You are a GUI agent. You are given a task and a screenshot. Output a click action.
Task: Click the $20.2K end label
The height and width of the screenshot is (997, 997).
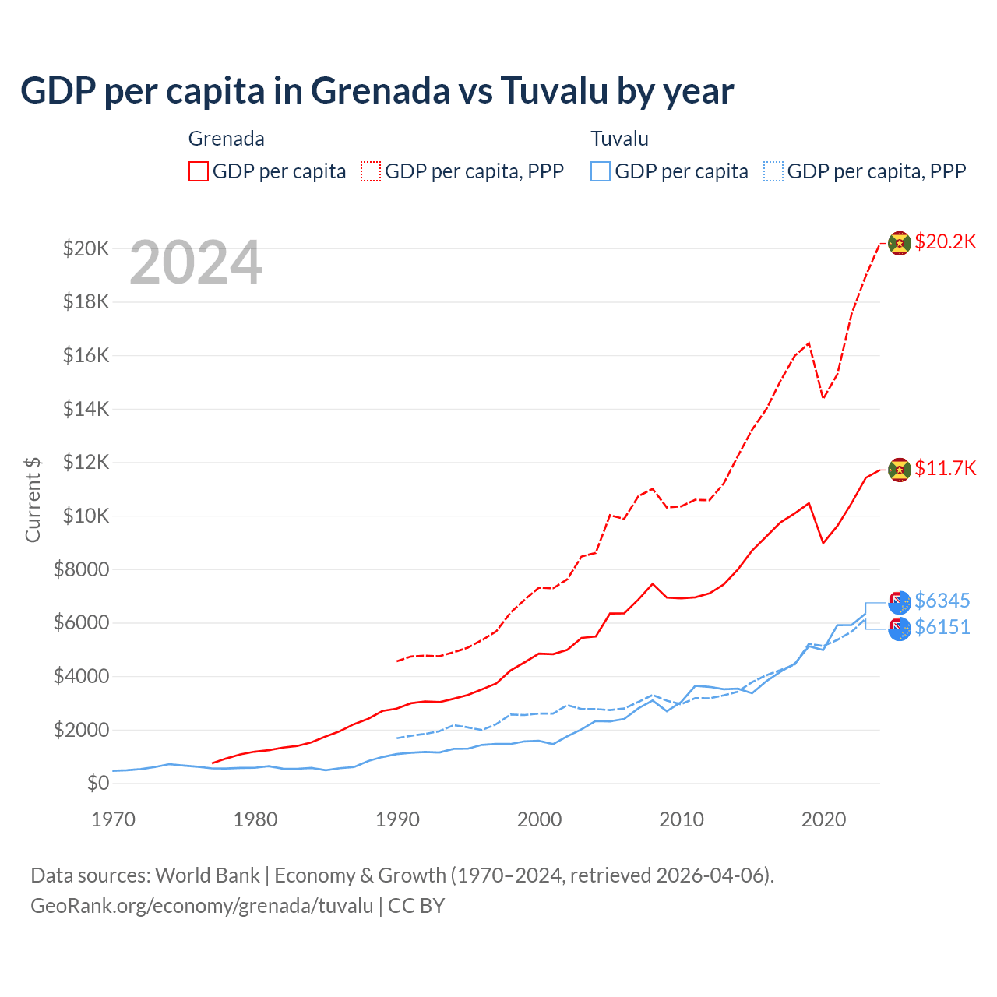coord(945,241)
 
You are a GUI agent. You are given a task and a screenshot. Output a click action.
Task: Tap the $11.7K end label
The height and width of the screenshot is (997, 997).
coord(945,468)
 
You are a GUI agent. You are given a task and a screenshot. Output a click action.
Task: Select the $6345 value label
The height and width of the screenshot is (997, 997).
coord(942,601)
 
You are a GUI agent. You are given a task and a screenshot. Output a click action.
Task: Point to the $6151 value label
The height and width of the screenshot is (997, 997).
coord(942,627)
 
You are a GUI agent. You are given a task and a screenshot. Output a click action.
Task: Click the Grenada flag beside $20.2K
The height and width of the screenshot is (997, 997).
coord(900,244)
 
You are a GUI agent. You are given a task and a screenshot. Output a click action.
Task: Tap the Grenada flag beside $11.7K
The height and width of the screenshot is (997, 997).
coord(900,470)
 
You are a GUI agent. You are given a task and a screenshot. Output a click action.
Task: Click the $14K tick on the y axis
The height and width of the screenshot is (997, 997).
coord(86,409)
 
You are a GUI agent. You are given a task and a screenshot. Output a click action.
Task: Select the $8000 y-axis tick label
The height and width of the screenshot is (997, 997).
coord(81,569)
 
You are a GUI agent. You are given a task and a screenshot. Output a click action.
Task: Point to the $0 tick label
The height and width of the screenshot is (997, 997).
coord(97,783)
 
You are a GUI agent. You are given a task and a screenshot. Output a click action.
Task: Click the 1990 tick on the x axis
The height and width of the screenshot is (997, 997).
coord(397,819)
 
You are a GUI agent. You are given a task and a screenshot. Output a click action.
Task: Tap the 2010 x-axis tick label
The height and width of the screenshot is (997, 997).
coord(682,819)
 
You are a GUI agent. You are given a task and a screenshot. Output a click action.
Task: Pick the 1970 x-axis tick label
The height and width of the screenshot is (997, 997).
coord(114,819)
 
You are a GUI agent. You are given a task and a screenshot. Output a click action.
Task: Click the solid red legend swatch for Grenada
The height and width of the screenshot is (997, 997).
coord(199,171)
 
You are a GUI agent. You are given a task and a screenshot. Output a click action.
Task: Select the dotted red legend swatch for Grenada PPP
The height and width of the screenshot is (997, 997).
coord(372,171)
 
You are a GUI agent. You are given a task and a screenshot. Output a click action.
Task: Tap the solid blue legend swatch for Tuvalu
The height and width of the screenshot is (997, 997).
coord(601,171)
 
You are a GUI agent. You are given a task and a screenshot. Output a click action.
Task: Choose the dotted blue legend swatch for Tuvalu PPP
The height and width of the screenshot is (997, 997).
coord(773,171)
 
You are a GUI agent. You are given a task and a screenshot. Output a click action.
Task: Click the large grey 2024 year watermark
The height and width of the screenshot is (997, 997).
coord(196,263)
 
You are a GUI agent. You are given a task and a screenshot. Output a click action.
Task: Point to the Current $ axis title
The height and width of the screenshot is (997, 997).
coord(33,499)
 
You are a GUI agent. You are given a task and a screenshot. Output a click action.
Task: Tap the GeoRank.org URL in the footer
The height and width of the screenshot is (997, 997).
coord(202,906)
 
